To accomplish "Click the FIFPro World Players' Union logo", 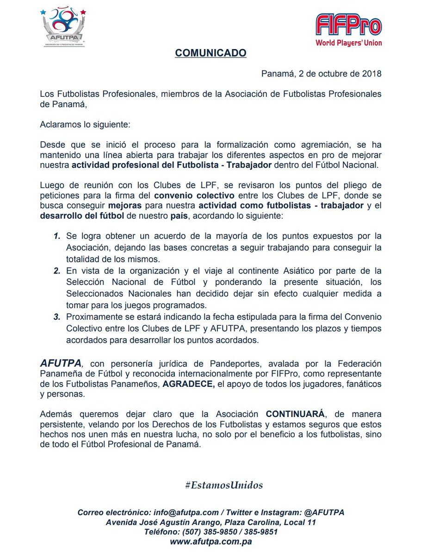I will point(348,31).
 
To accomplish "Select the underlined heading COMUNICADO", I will point(210,53).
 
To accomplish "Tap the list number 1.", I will point(57,236).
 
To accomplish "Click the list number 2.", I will point(57,271).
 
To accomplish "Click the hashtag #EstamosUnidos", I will point(224,485).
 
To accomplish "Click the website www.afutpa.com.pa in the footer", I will point(210,541).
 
